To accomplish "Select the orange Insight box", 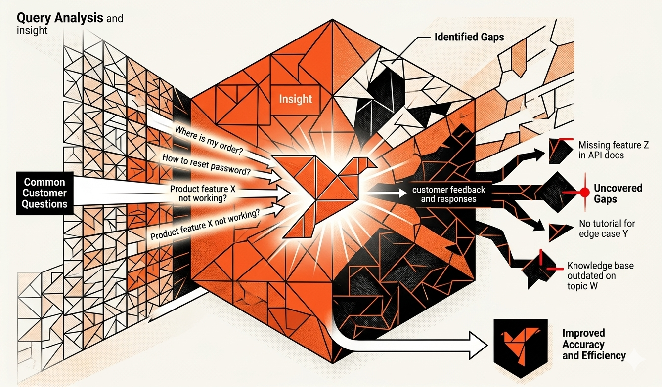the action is tap(296, 99).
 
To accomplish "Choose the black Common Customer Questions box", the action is tap(44, 193).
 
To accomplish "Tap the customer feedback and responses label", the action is tap(448, 194).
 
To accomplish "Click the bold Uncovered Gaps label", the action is tap(618, 193).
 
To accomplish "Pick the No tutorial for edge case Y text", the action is tap(607, 229).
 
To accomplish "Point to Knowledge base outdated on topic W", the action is tap(600, 275).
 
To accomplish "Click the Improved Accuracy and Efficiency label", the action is tap(594, 345).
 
